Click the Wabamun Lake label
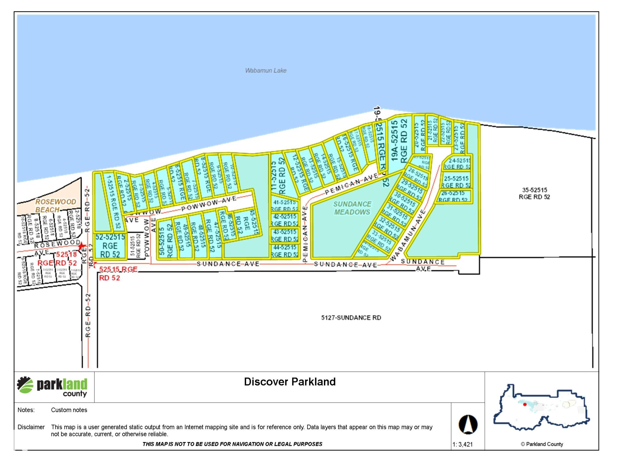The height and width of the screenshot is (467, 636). click(x=265, y=71)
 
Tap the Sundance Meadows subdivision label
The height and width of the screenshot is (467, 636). click(x=352, y=208)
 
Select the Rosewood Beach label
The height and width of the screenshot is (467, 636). click(x=55, y=205)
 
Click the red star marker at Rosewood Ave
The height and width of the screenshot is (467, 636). click(x=82, y=246)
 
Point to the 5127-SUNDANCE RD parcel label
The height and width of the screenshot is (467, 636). click(x=351, y=318)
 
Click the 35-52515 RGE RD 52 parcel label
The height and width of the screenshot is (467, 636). click(x=534, y=193)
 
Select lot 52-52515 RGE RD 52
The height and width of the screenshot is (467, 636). click(x=110, y=246)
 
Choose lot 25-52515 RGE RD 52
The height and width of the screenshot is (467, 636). click(x=456, y=182)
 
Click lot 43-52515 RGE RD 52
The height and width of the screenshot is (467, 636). click(x=284, y=235)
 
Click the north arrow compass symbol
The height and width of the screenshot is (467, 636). click(x=468, y=424)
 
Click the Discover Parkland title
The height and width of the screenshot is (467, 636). click(x=290, y=382)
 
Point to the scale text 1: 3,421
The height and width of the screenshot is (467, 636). click(x=462, y=444)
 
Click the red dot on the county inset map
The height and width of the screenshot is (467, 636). click(x=525, y=405)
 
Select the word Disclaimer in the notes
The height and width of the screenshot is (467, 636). click(x=31, y=427)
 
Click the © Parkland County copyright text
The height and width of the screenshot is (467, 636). click(x=541, y=444)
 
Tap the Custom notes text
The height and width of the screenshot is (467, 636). click(x=69, y=410)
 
